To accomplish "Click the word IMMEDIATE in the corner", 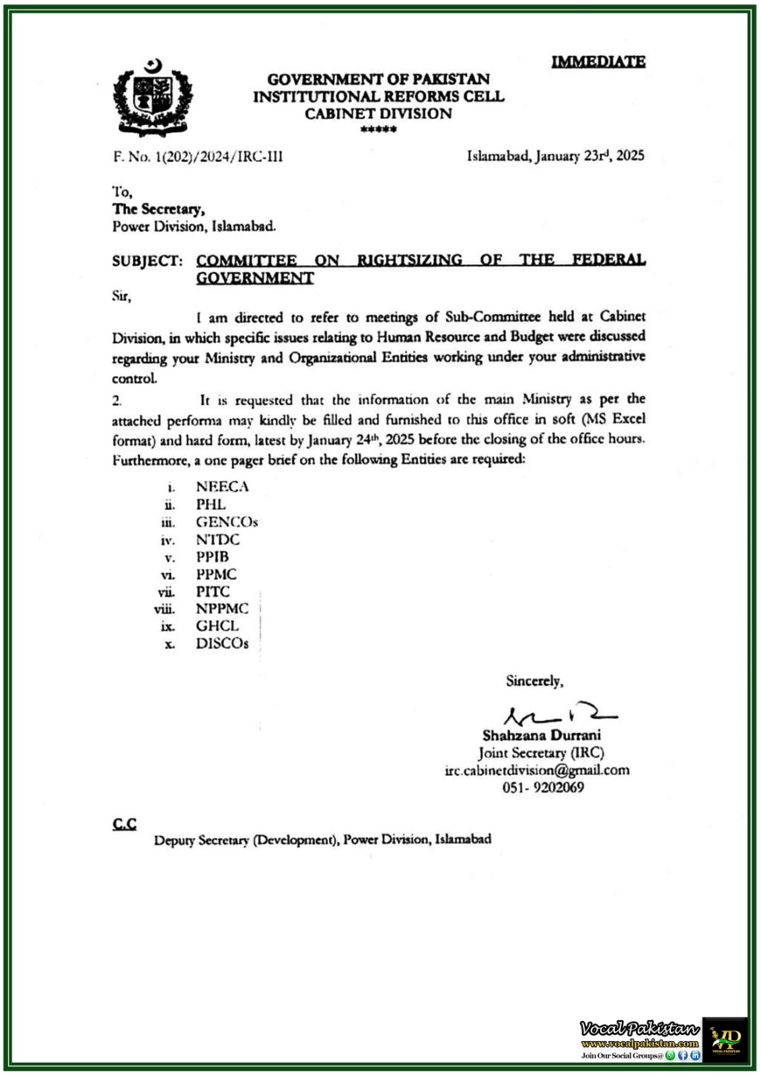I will [598, 62].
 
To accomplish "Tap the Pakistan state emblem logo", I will [153, 98].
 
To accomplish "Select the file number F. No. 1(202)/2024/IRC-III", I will [198, 157].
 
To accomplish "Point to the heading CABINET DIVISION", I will [378, 114].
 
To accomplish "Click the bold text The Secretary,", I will [159, 209].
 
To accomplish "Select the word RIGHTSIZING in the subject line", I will [410, 260].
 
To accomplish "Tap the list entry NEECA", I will [222, 486].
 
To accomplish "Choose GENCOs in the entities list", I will [227, 522].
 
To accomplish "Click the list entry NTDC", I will [217, 539].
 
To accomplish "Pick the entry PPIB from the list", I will [213, 557].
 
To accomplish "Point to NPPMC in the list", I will [222, 609].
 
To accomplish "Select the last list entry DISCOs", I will [222, 644].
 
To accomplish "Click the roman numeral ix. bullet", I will [168, 627].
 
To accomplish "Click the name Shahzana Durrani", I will [542, 735].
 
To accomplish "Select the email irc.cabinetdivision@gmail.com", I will [537, 770].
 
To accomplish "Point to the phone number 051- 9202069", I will [543, 787].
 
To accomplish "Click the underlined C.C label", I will [124, 824].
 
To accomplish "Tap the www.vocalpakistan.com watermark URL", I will [640, 1043].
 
